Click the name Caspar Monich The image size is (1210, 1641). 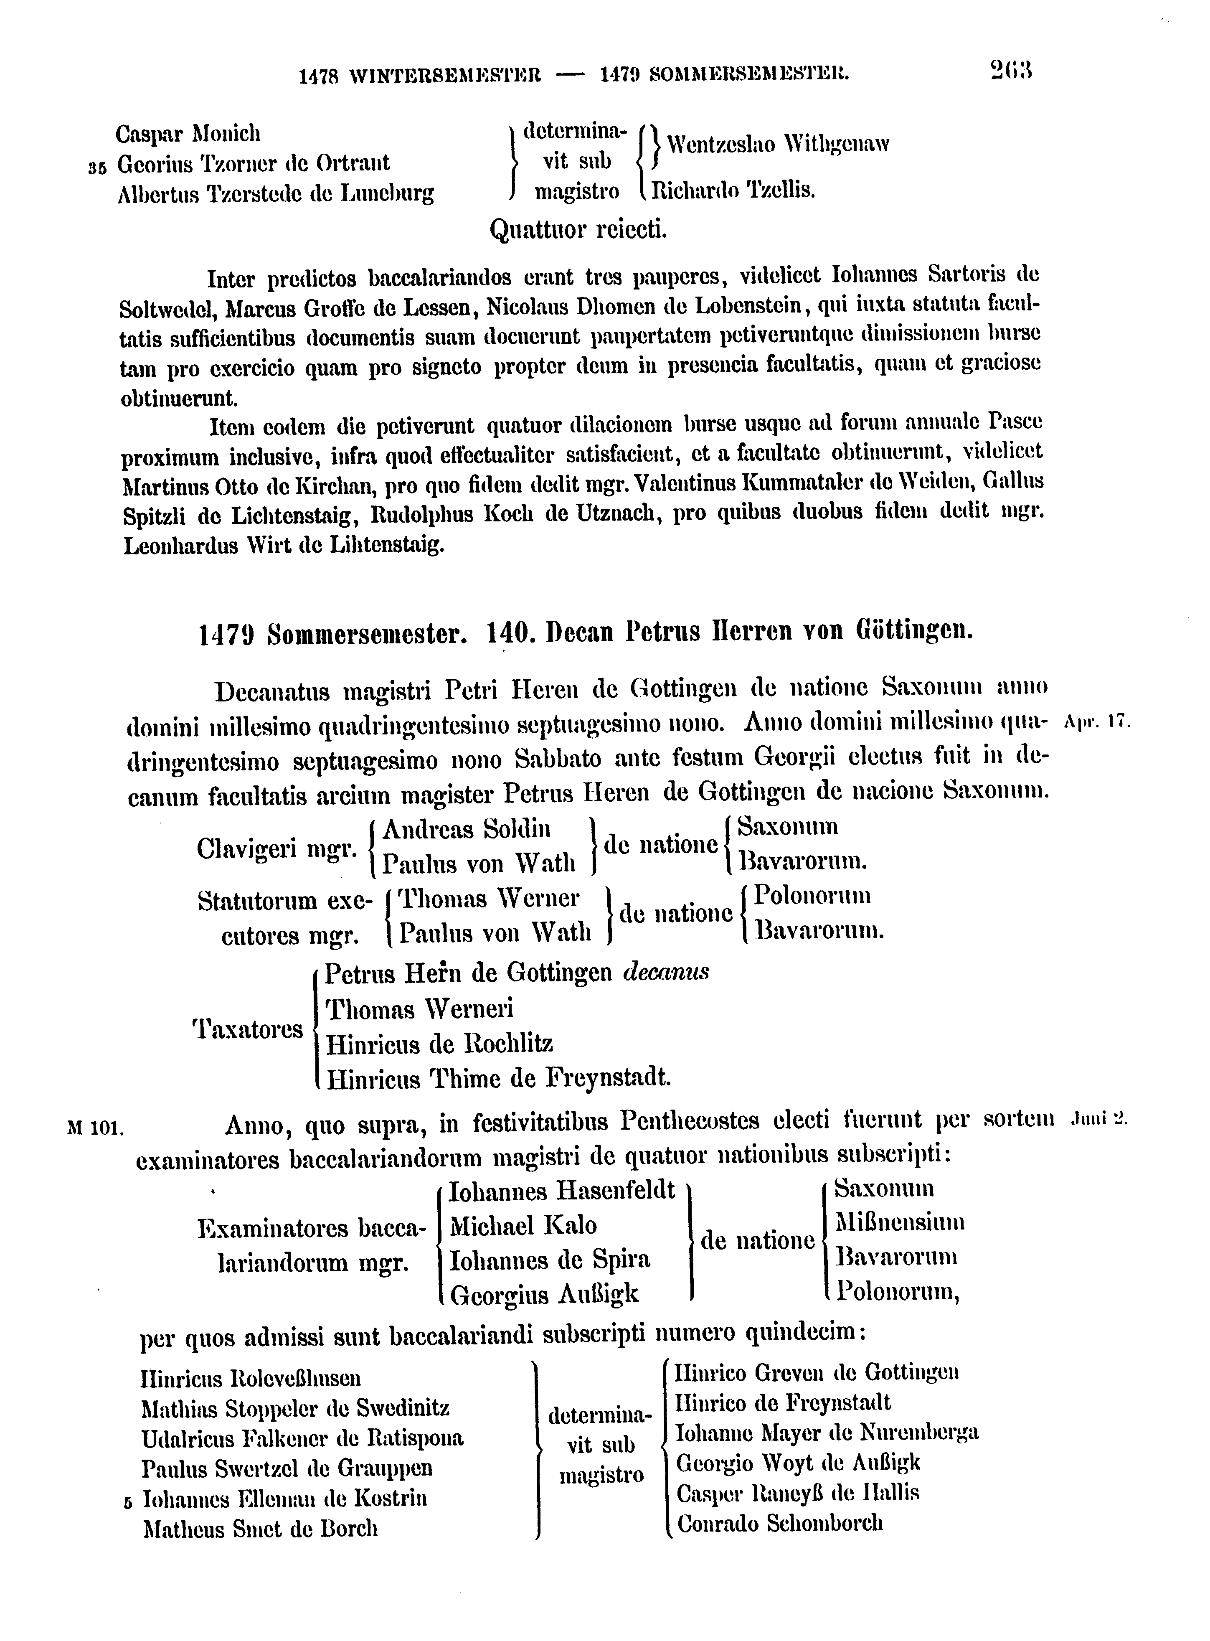tap(188, 134)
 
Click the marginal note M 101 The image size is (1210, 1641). tap(95, 1128)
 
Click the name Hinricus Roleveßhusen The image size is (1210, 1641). tap(251, 1379)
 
